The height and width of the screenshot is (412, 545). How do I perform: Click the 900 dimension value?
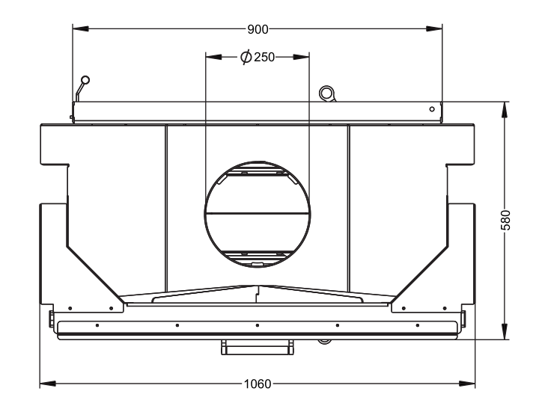[258, 29]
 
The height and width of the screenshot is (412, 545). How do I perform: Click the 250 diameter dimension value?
[264, 57]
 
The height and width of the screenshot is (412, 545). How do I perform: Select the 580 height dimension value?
[505, 220]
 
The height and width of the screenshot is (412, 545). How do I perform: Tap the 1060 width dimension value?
[258, 384]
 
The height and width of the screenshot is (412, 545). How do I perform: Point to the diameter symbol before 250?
[246, 57]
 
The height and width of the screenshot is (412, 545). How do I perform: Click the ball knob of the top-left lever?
[85, 80]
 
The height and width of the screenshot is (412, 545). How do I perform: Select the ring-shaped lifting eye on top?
[326, 93]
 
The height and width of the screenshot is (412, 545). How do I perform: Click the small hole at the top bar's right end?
[432, 109]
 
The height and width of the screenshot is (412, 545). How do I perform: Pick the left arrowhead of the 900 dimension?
[81, 28]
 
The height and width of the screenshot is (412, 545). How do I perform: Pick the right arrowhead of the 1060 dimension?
[467, 384]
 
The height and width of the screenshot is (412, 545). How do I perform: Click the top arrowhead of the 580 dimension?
[505, 110]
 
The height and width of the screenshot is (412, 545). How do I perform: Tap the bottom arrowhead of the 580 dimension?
[505, 331]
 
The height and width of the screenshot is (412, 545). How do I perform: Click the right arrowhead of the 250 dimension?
[301, 57]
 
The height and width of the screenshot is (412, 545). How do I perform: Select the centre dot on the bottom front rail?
[258, 325]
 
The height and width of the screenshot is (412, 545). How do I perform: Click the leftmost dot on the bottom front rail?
[97, 325]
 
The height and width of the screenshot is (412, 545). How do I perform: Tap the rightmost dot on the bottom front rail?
[418, 325]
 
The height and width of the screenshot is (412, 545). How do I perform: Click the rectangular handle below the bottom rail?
[258, 347]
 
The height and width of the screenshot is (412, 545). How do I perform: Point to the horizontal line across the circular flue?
[258, 213]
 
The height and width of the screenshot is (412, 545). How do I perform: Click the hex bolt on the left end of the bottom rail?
[52, 319]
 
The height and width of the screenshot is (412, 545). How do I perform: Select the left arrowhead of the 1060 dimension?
[48, 384]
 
